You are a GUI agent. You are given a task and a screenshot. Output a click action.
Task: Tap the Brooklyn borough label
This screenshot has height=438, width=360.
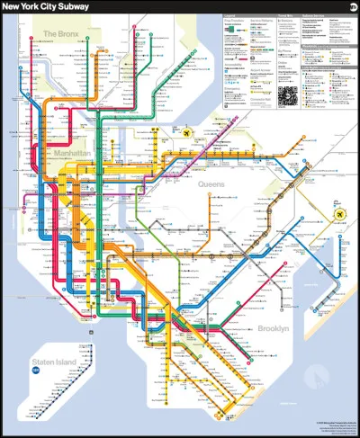[273, 329]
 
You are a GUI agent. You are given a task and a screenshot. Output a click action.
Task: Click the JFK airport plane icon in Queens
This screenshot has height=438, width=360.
[339, 214]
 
